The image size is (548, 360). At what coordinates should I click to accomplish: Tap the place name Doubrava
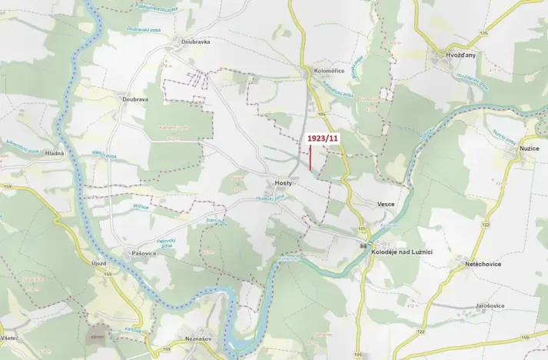pos(135,99)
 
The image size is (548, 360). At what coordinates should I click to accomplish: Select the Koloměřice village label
pos(329,71)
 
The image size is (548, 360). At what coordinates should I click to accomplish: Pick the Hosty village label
pos(282,183)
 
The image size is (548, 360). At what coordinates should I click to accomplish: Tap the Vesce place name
pos(386,204)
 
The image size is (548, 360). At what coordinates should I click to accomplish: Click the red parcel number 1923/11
pos(322,138)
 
